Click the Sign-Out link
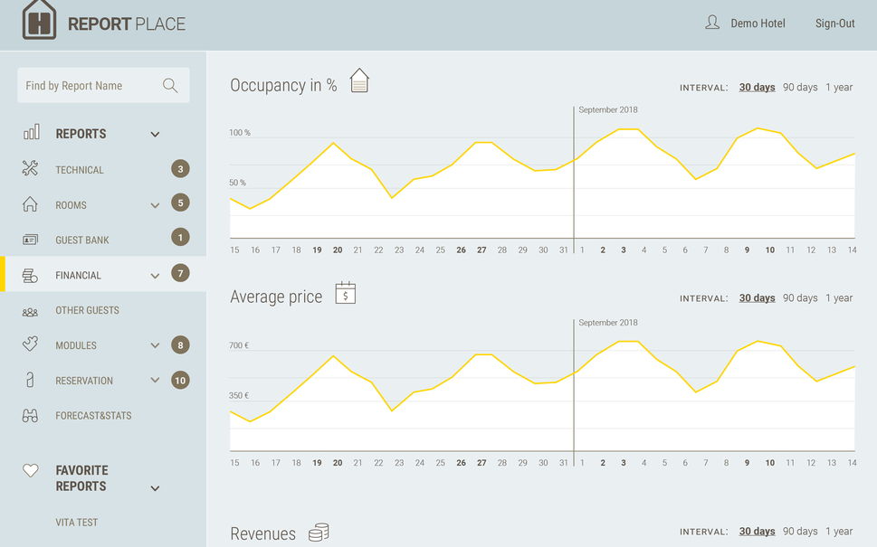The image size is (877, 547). tap(834, 24)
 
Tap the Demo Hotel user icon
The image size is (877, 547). tap(712, 23)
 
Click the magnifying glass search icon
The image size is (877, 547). tap(170, 86)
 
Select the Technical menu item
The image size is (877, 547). tap(80, 170)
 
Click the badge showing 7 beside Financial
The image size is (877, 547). tap(180, 273)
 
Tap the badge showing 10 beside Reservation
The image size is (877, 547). tap(180, 381)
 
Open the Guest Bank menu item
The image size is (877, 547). tap(82, 240)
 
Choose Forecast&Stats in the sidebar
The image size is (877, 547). tap(93, 416)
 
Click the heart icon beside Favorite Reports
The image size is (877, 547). tap(31, 470)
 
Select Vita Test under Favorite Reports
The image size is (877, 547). tap(77, 523)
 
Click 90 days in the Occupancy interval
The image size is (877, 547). tap(800, 87)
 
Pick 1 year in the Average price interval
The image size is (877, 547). tap(839, 297)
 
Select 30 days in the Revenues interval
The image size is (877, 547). tap(757, 532)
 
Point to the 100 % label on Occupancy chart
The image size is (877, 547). tap(239, 133)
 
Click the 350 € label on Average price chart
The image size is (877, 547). tap(239, 396)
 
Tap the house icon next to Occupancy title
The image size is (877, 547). tap(359, 80)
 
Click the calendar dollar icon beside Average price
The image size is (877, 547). tap(346, 293)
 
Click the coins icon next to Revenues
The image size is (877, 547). tap(319, 533)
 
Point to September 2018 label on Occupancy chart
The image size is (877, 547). tap(608, 110)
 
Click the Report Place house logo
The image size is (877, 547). tap(39, 20)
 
